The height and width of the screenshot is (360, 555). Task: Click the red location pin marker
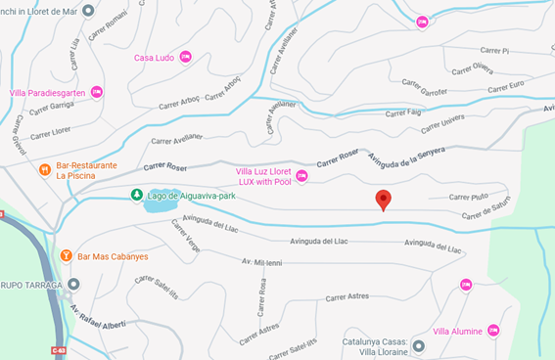pyautogui.click(x=384, y=200)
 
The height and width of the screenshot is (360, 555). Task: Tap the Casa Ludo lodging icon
pyautogui.click(x=186, y=58)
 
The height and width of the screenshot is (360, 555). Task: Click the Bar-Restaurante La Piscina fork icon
pyautogui.click(x=44, y=170)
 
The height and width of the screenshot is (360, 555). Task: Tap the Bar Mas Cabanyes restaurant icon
pyautogui.click(x=66, y=256)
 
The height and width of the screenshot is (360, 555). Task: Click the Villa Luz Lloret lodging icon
pyautogui.click(x=301, y=176)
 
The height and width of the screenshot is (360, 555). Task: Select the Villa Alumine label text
pyautogui.click(x=457, y=332)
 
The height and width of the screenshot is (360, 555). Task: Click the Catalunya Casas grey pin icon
pyautogui.click(x=419, y=345)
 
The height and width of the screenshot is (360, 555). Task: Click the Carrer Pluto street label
pyautogui.click(x=468, y=197)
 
